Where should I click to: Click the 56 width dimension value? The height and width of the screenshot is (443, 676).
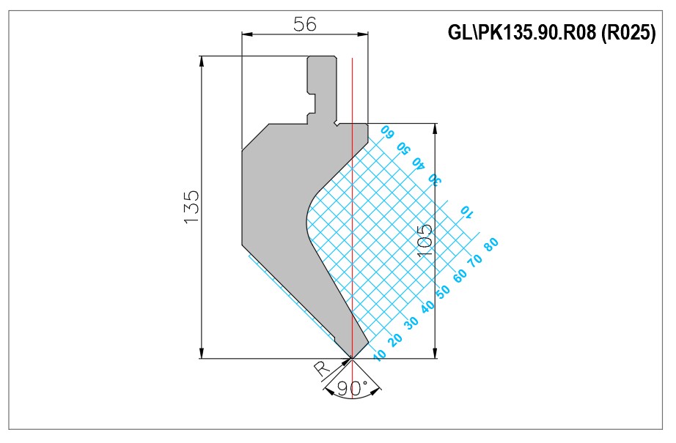click(305, 24)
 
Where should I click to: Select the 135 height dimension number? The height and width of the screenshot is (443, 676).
click(192, 207)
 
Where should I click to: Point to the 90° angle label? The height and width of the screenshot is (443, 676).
click(352, 388)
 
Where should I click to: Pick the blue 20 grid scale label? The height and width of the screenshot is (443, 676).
click(395, 340)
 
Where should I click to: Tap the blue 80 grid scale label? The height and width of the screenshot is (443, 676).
click(491, 244)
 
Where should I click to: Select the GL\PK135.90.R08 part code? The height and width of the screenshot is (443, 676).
click(522, 32)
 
